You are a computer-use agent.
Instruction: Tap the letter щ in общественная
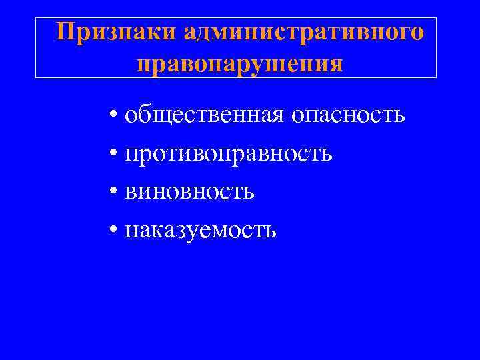click(162, 116)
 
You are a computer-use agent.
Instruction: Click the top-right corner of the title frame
click(436, 18)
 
